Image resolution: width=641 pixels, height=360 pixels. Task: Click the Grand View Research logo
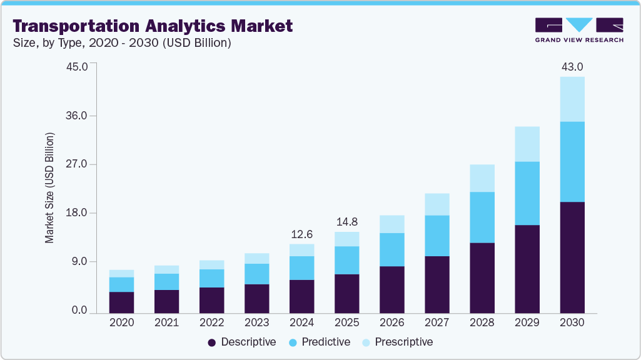point(579,29)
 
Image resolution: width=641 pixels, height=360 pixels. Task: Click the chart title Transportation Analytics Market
point(153,26)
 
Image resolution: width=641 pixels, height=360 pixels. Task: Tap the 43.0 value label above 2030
point(572,67)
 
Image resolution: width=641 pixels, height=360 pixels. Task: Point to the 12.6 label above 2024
point(301,234)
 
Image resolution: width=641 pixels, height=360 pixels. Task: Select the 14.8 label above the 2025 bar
point(346,222)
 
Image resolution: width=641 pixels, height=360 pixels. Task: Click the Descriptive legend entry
point(242,342)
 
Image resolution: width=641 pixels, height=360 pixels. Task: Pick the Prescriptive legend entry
point(397,342)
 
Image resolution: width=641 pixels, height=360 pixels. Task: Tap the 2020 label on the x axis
point(121,322)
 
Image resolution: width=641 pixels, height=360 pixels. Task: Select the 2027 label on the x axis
point(437,322)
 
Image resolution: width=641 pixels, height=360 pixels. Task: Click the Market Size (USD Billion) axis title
point(50,187)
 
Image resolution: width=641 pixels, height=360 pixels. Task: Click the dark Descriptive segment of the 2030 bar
point(572,257)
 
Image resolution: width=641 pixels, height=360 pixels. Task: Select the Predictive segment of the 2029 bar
point(527,193)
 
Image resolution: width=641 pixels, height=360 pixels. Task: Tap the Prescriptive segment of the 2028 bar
point(482,178)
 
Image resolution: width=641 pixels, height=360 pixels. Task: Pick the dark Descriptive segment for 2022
point(211,300)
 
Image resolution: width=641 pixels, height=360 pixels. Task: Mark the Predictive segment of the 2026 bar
point(391,249)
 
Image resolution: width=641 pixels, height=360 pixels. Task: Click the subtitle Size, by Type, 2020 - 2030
point(122,43)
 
